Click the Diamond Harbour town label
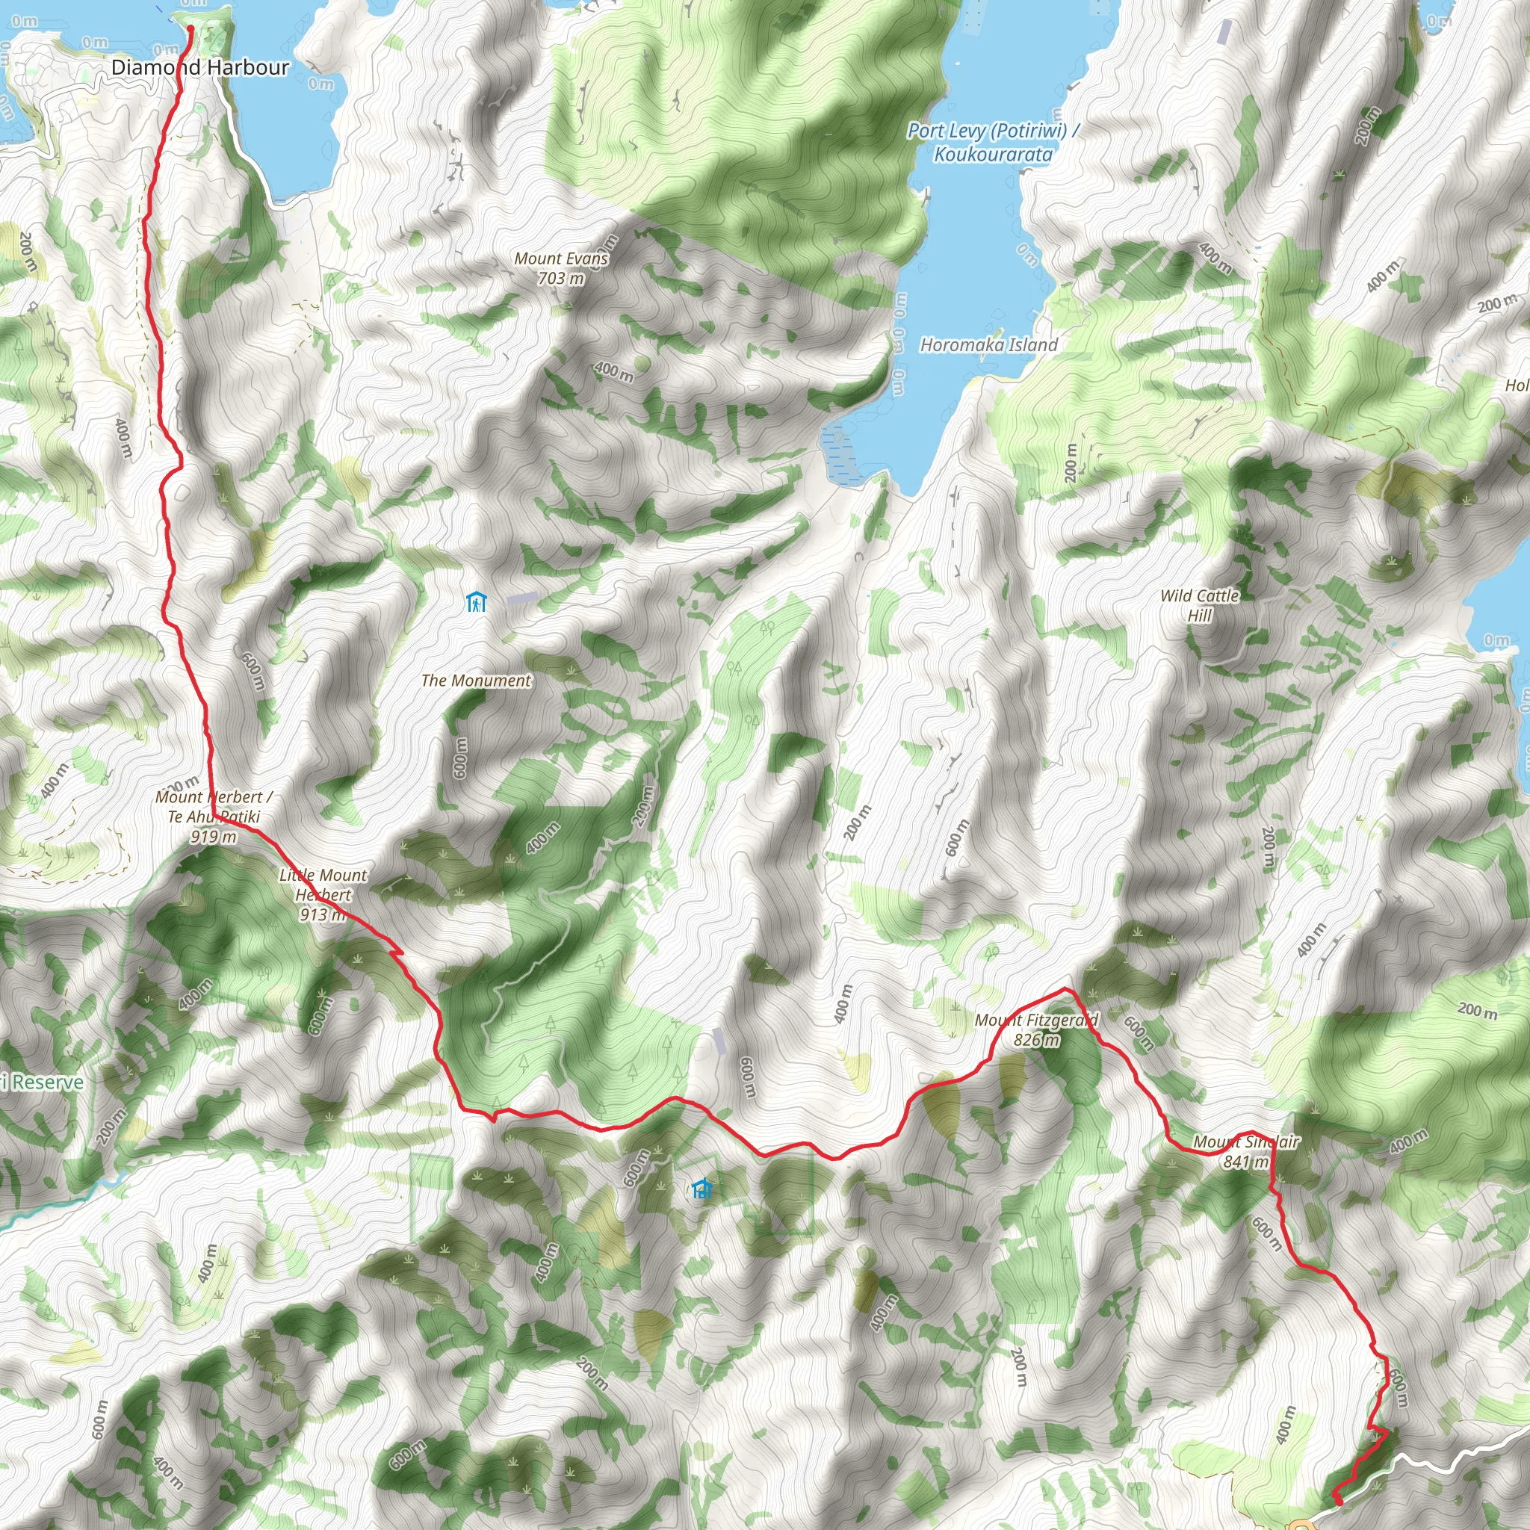199,67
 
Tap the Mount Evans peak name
561,258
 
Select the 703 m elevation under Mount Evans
561,278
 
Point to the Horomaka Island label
988,344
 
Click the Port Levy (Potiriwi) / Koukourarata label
993,142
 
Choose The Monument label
476,681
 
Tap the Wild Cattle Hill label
1199,605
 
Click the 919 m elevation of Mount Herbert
214,836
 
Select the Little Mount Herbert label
323,885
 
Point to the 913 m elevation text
322,914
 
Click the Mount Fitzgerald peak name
1036,1020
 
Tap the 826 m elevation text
1036,1040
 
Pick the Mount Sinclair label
1245,1142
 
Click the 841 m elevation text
1245,1161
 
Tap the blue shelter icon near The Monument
475,602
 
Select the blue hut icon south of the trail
701,1189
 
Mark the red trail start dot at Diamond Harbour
191,29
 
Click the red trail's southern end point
1337,1500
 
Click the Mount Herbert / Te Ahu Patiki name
214,806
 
